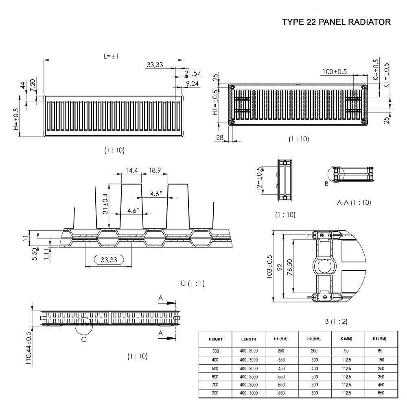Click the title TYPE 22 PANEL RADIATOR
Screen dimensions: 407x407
336,22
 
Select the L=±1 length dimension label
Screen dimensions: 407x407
111,56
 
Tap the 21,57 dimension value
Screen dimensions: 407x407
193,73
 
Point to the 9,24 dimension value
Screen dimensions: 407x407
192,84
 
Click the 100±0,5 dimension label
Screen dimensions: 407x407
335,72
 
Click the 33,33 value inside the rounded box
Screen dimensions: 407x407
108,260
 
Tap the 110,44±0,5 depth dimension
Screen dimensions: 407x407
29,348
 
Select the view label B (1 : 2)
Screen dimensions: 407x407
336,322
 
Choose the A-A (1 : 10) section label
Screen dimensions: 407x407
354,202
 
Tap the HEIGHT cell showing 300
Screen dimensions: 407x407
215,351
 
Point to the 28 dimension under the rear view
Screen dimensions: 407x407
219,138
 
